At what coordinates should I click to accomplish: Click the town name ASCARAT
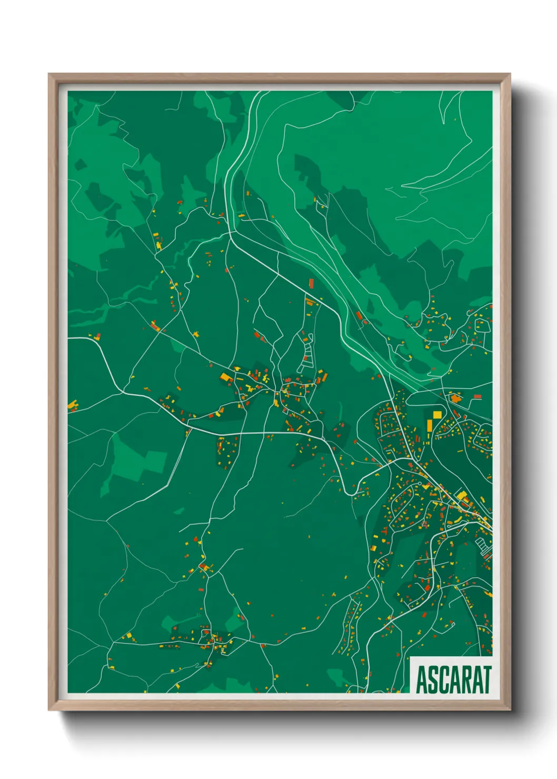click(453, 680)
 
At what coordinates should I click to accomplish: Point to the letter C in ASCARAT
click(443, 680)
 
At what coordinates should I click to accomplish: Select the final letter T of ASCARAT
click(486, 680)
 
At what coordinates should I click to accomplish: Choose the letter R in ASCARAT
click(465, 680)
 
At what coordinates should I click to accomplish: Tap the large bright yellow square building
click(437, 415)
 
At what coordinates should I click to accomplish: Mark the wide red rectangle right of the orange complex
click(477, 396)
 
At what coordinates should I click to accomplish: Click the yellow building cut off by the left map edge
click(72, 405)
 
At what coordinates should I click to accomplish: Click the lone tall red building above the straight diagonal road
click(311, 284)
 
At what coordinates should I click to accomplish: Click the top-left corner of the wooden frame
click(49, 74)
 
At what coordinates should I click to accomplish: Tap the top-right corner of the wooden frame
click(510, 74)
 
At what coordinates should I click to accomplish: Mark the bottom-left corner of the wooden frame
click(49, 710)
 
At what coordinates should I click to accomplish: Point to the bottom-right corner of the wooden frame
click(510, 710)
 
